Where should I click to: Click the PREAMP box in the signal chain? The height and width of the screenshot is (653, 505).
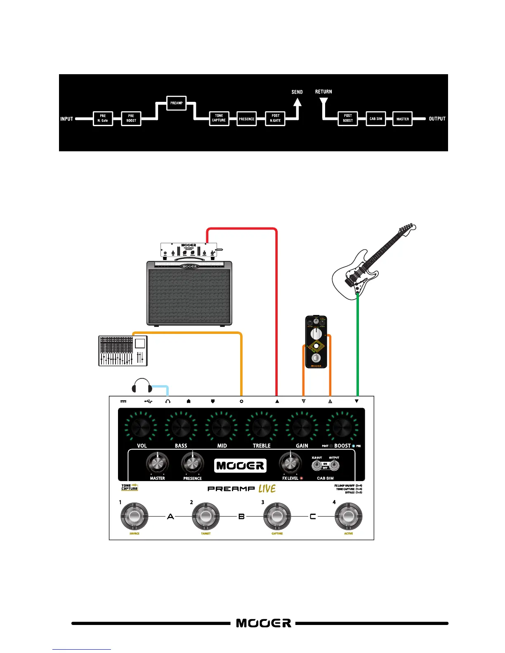177,103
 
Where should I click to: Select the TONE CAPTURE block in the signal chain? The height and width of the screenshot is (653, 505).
219,118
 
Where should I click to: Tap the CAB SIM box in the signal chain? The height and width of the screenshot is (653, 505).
376,119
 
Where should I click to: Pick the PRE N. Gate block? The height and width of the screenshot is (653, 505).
103,118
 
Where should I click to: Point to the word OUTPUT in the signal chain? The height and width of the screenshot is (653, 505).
437,119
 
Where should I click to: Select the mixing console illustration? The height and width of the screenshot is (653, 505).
123,351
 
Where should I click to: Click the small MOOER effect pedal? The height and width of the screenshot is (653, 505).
316,342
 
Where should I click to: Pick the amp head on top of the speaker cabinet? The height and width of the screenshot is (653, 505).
189,251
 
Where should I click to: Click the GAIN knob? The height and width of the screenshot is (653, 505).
302,427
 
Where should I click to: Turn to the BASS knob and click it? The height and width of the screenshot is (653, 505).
181,427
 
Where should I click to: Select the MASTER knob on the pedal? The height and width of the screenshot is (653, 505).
158,463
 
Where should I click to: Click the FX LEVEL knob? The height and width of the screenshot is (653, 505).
290,463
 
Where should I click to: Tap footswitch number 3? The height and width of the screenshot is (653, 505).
277,516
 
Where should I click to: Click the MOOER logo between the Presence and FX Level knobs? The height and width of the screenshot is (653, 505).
240,466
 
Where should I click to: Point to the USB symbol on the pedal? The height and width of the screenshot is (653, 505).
149,401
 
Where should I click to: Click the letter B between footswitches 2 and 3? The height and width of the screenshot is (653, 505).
242,516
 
